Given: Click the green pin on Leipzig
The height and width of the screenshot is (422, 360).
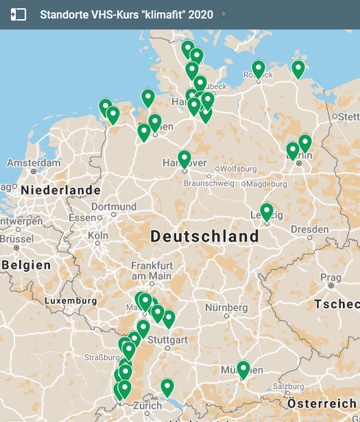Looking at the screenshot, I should pyautogui.click(x=267, y=212).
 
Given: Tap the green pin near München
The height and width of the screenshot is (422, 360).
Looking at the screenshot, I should pyautogui.click(x=243, y=370).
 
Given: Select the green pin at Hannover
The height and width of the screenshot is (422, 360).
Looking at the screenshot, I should pyautogui.click(x=184, y=159).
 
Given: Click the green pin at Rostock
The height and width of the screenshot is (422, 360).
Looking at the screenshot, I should pyautogui.click(x=259, y=69).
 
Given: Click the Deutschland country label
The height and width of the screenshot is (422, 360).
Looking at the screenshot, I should pyautogui.click(x=205, y=237).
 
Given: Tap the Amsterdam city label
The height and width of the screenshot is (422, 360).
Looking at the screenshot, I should pyautogui.click(x=34, y=163).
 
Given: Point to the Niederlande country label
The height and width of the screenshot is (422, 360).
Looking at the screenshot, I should pyautogui.click(x=61, y=190).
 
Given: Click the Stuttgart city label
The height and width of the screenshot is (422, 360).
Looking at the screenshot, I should pyautogui.click(x=167, y=340).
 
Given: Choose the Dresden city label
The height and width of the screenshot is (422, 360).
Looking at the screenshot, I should pyautogui.click(x=314, y=229).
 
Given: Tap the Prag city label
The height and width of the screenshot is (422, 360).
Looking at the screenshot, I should pyautogui.click(x=331, y=277).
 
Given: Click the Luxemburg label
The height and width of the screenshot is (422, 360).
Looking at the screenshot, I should pyautogui.click(x=71, y=301).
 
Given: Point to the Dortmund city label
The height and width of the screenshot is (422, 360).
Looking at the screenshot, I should pyautogui.click(x=114, y=207).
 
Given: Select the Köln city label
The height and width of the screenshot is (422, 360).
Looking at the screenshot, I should pyautogui.click(x=98, y=235).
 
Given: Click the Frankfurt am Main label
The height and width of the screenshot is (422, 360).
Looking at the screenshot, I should pyautogui.click(x=152, y=270).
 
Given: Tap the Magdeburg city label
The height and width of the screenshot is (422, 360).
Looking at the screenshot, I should pyautogui.click(x=266, y=184).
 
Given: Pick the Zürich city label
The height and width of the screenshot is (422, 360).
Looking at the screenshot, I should pyautogui.click(x=147, y=405).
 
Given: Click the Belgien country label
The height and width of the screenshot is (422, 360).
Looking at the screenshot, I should pyautogui.click(x=26, y=265).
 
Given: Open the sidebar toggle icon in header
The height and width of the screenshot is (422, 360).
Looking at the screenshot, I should pyautogui.click(x=19, y=14).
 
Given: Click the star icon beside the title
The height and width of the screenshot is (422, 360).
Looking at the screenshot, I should pyautogui.click(x=224, y=14).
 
